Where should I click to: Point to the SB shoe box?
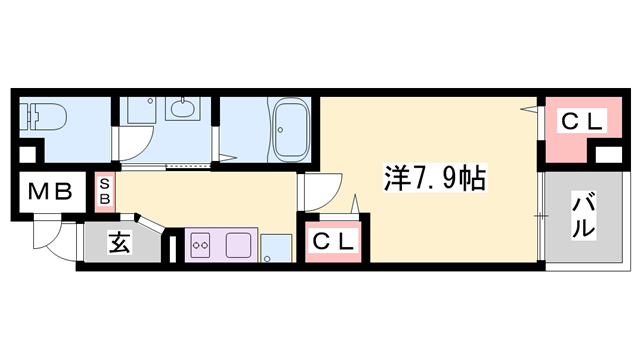pyautogui.click(x=104, y=191)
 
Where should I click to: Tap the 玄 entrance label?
pyautogui.click(x=118, y=242)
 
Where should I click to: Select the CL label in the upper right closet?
pyautogui.click(x=581, y=122)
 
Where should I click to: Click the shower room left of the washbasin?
pyautogui.click(x=135, y=128)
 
